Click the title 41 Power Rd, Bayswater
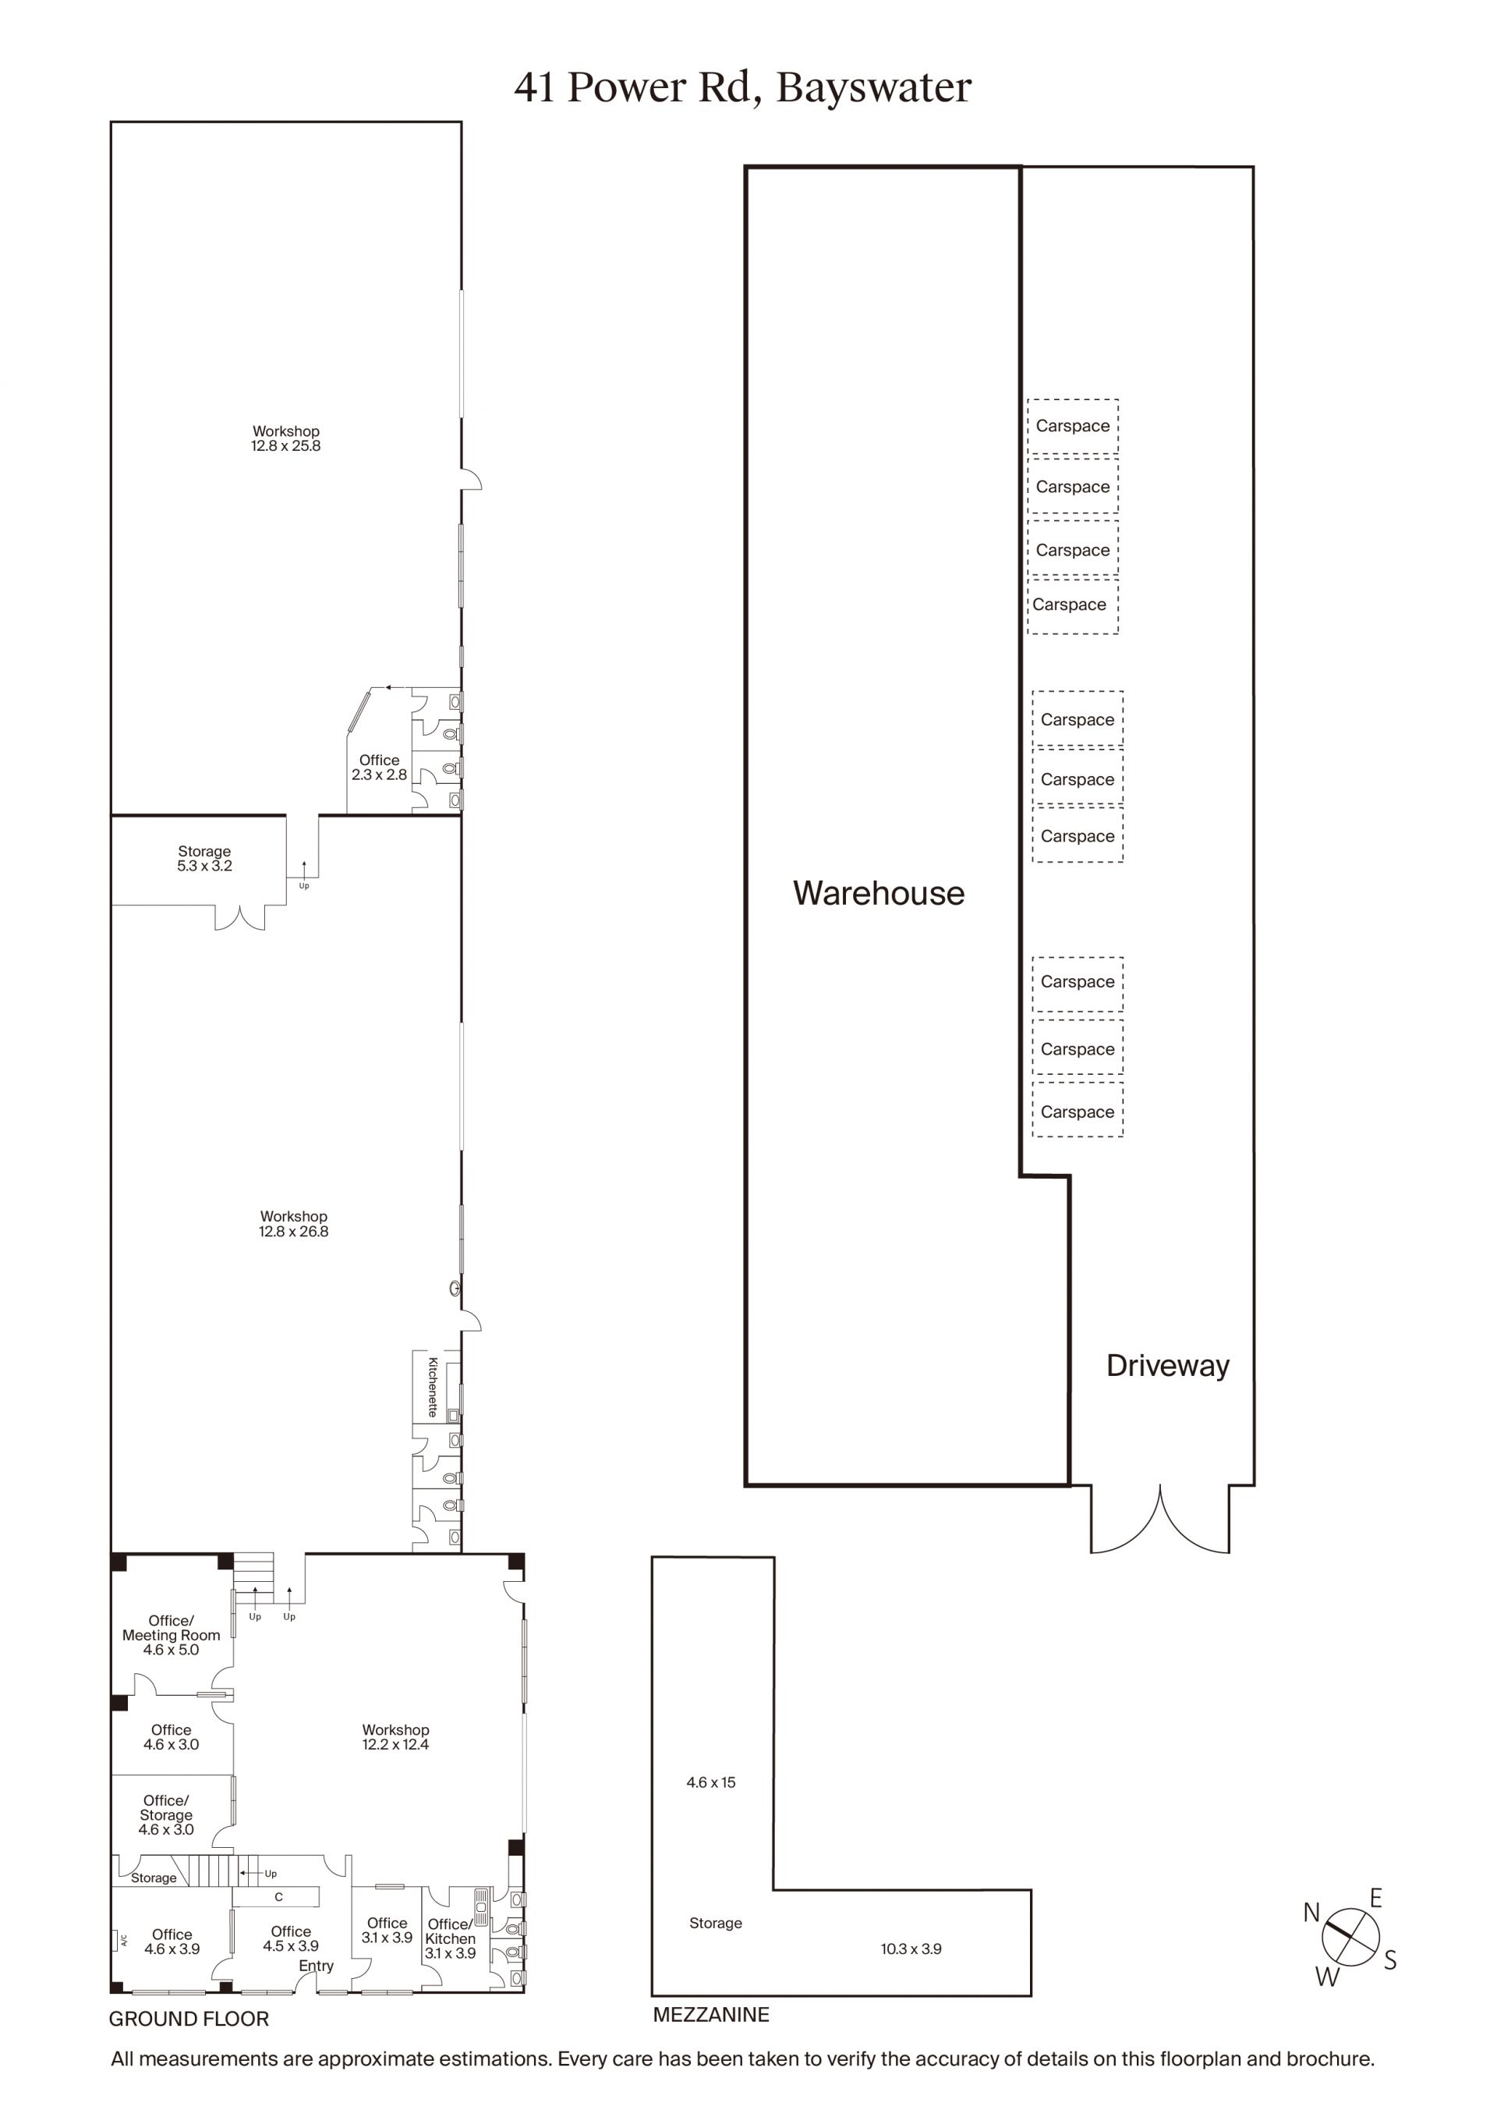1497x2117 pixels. [743, 88]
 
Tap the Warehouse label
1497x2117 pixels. [879, 892]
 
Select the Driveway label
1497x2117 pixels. [1168, 1366]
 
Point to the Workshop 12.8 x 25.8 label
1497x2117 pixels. [286, 438]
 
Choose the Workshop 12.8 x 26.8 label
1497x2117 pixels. [293, 1224]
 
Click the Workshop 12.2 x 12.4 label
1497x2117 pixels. [395, 1737]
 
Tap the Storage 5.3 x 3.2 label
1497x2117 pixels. [204, 858]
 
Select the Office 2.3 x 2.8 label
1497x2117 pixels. [379, 767]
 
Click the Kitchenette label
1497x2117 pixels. [432, 1386]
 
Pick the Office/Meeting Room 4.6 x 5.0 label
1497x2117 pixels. [172, 1635]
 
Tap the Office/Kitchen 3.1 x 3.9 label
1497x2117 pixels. [450, 1938]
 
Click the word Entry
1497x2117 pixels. [317, 1966]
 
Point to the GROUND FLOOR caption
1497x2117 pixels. [189, 2019]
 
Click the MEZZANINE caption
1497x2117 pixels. [711, 2015]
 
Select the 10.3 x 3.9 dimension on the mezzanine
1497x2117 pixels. [911, 1949]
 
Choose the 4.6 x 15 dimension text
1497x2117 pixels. [711, 1782]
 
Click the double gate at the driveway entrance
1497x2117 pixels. [1160, 1519]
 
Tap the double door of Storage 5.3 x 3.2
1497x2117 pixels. [239, 917]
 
